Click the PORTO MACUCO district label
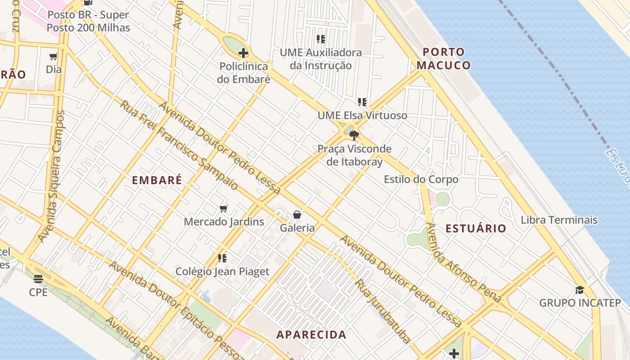[x=443, y=58]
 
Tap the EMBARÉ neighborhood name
[x=157, y=180]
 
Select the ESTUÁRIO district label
[x=476, y=229]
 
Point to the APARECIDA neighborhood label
[x=311, y=335]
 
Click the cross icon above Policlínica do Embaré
[x=243, y=53]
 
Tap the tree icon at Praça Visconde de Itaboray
[x=354, y=135]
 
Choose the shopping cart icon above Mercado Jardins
[x=223, y=208]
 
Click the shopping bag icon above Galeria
[x=297, y=214]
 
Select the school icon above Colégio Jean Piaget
[x=222, y=258]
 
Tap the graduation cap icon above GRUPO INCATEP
[x=580, y=290]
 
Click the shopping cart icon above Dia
[x=54, y=57]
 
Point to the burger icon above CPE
[x=38, y=279]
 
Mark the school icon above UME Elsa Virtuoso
[x=362, y=102]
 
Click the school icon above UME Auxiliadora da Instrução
[x=320, y=39]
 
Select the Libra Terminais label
[x=559, y=220]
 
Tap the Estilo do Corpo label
[x=421, y=179]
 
